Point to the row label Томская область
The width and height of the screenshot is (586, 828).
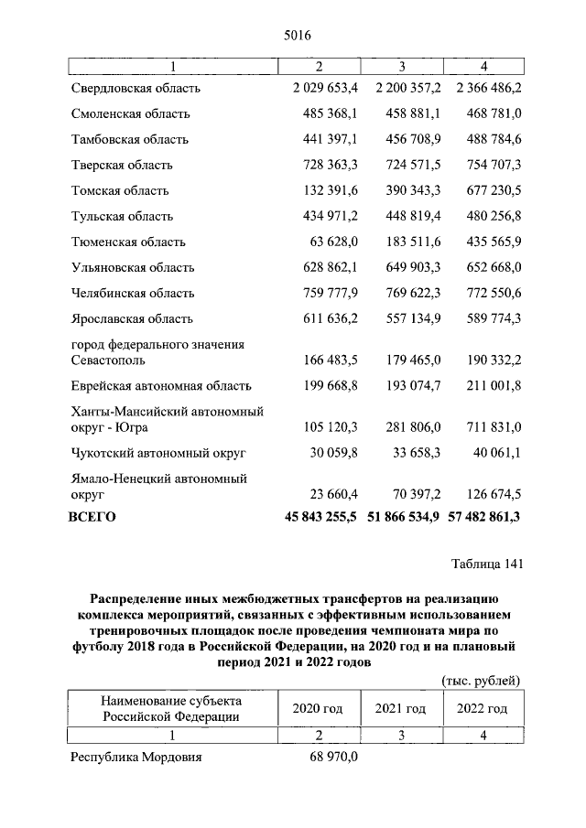click(x=119, y=191)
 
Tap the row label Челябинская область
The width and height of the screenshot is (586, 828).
click(x=132, y=294)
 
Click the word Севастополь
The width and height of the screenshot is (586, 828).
click(x=109, y=360)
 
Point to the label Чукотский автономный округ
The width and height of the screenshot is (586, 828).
click(x=158, y=453)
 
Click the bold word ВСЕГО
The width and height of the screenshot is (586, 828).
click(x=92, y=517)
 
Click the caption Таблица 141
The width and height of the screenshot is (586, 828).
click(x=486, y=564)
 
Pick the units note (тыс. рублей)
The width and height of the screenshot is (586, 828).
click(x=481, y=681)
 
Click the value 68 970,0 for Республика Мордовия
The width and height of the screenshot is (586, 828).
click(x=331, y=758)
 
